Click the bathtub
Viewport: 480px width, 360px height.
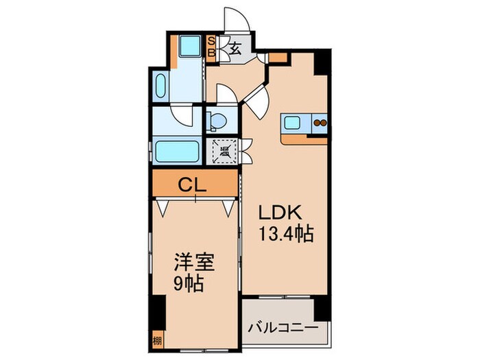176,150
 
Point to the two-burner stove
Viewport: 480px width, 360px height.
320,123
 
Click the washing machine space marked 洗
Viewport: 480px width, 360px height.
223,149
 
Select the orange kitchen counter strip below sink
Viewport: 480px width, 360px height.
304,139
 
